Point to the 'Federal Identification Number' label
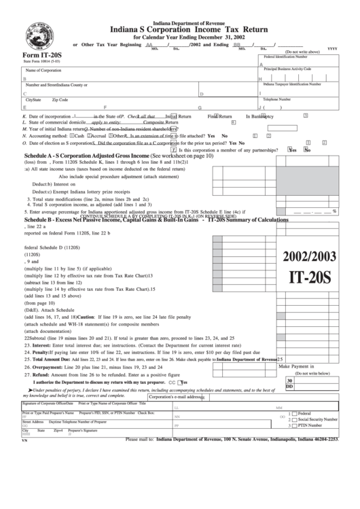[x=291, y=56]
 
